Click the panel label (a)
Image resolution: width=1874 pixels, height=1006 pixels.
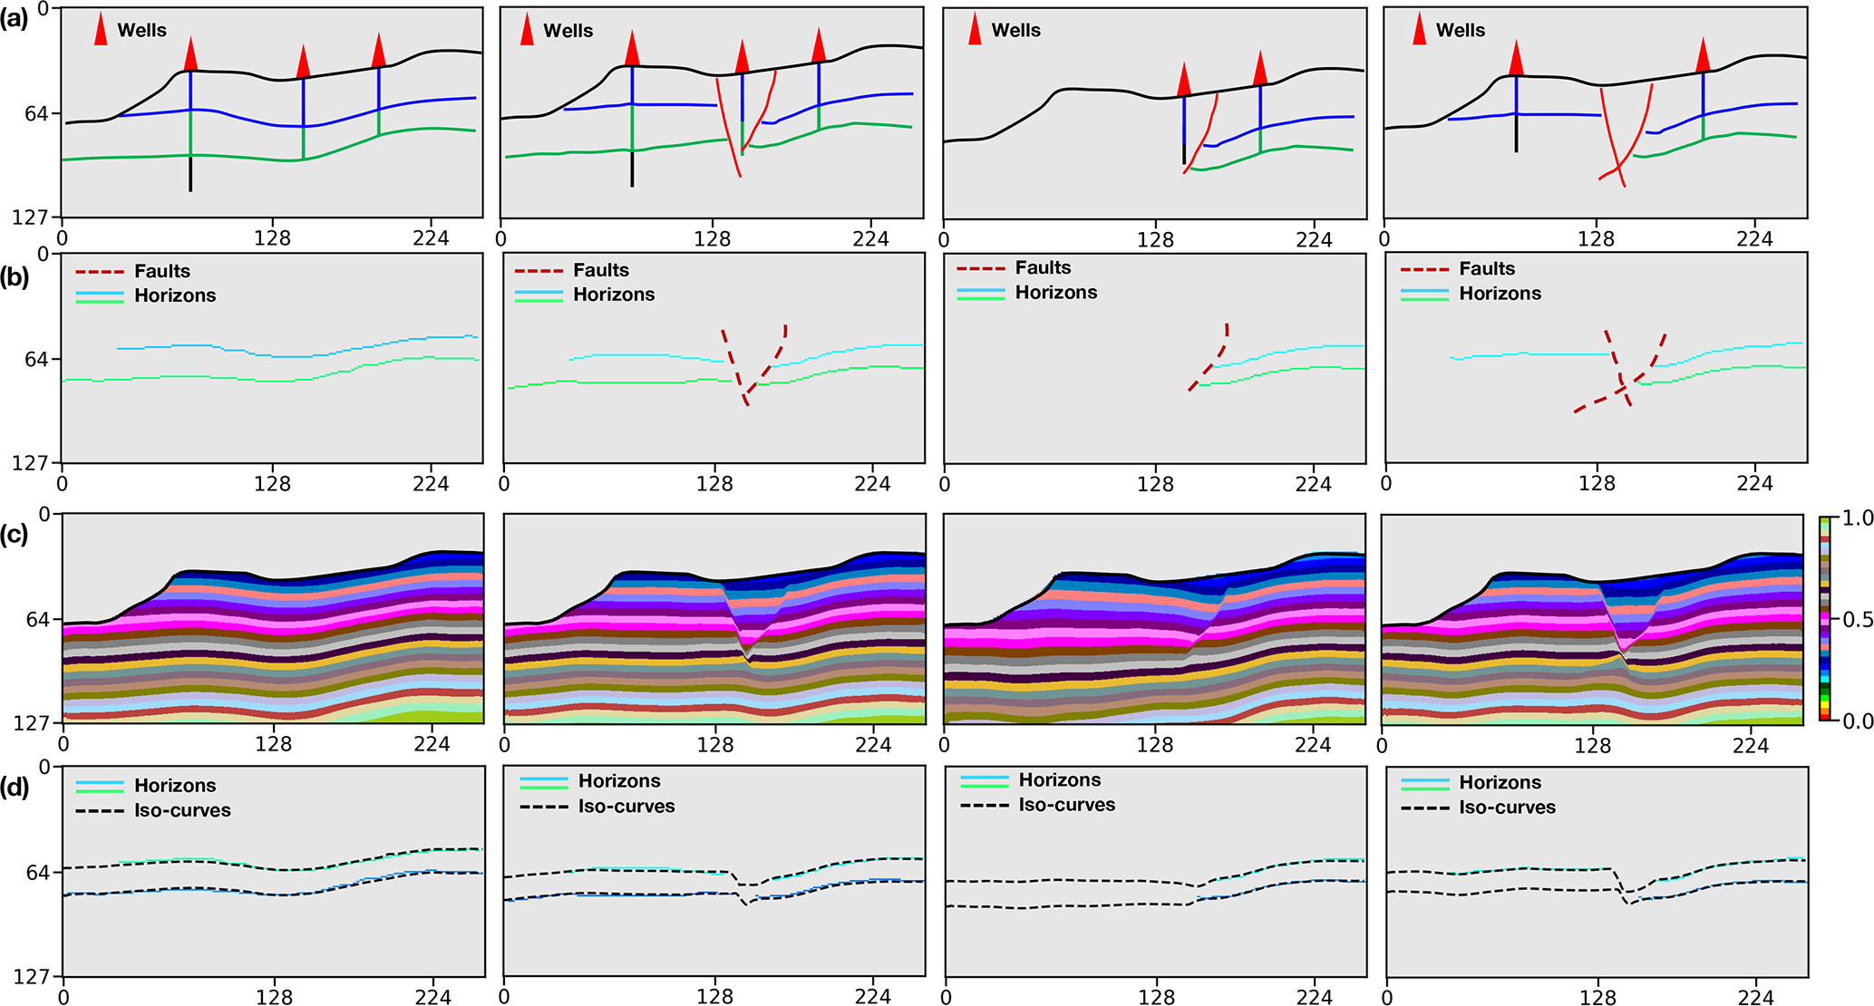tap(15, 19)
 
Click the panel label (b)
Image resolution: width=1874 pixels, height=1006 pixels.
tap(15, 277)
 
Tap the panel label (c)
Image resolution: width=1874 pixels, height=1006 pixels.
tap(15, 535)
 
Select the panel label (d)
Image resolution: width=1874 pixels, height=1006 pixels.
tap(15, 787)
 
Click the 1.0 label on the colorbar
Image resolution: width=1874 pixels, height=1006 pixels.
tap(1858, 518)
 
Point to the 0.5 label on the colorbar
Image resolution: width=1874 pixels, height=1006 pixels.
tap(1858, 620)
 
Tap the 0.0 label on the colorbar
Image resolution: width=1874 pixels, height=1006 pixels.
tap(1858, 721)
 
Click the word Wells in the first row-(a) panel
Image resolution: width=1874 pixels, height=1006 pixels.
tap(142, 30)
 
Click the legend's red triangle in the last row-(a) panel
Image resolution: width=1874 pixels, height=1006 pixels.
tap(1419, 30)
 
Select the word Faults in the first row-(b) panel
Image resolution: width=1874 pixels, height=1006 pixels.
tap(162, 271)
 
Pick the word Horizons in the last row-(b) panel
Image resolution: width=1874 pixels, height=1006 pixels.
tap(1500, 294)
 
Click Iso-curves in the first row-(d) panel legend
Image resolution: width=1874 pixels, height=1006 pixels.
tap(182, 810)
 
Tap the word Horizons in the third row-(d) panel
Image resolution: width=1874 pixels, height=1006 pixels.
tap(1059, 780)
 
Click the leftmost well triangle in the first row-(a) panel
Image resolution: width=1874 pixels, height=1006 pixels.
tap(190, 54)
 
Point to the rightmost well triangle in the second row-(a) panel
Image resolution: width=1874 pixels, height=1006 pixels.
tap(819, 45)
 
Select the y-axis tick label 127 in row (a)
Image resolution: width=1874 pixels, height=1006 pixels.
tap(31, 218)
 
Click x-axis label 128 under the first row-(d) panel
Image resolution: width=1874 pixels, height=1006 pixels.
tap(274, 997)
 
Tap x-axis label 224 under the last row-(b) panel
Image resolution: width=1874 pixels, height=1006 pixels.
tap(1754, 484)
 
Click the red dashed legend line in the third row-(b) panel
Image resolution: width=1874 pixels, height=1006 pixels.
tap(980, 268)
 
